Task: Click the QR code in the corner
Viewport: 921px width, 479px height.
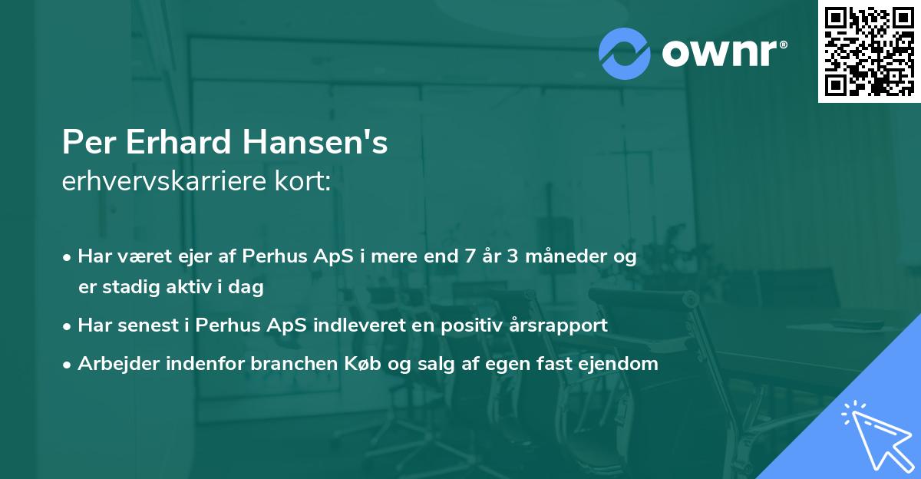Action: (x=869, y=51)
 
